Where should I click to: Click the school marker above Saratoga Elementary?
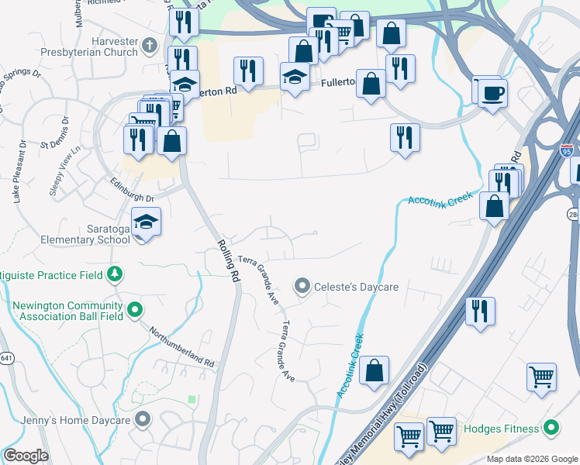146,222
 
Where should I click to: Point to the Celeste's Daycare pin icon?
302,287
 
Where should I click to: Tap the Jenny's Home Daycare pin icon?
142,420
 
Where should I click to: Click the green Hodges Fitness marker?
551,428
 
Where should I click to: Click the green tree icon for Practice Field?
115,273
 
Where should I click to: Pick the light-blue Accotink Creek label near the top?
440,199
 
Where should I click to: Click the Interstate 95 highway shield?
568,150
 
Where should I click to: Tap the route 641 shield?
5,359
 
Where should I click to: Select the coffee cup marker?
492,94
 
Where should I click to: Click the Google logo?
25,456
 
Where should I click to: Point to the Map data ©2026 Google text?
531,459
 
